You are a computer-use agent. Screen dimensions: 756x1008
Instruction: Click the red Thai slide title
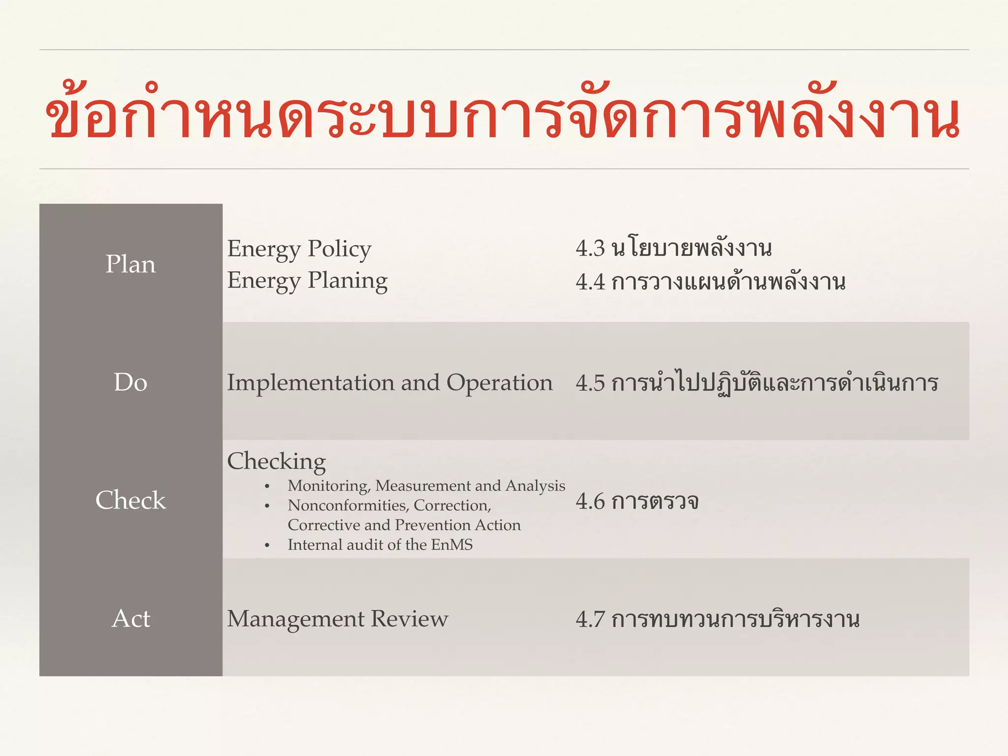[x=502, y=116]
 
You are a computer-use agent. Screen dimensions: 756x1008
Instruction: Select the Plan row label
[x=130, y=264]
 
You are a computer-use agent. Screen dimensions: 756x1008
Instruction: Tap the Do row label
[x=130, y=382]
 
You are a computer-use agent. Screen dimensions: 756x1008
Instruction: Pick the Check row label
[x=130, y=501]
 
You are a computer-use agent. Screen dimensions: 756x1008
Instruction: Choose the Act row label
[x=130, y=619]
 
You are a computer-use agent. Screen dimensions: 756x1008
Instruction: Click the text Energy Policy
[x=299, y=249]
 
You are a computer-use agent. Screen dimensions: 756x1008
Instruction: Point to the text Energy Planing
[x=307, y=281]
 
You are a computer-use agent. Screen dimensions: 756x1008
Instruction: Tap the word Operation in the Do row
[x=499, y=383]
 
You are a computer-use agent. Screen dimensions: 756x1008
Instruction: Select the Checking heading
[x=276, y=462]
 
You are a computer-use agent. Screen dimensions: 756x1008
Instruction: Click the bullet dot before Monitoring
[x=267, y=487]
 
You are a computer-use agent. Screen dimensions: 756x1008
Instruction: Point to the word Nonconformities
[x=348, y=505]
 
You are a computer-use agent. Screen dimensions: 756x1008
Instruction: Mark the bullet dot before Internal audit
[x=267, y=546]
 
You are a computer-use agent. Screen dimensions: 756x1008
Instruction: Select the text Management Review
[x=337, y=619]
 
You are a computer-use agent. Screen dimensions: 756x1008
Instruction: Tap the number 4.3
[x=590, y=249]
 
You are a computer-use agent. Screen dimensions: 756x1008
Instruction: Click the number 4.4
[x=590, y=282]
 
